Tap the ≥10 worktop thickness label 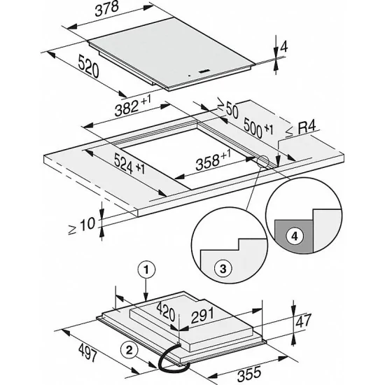(85, 225)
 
